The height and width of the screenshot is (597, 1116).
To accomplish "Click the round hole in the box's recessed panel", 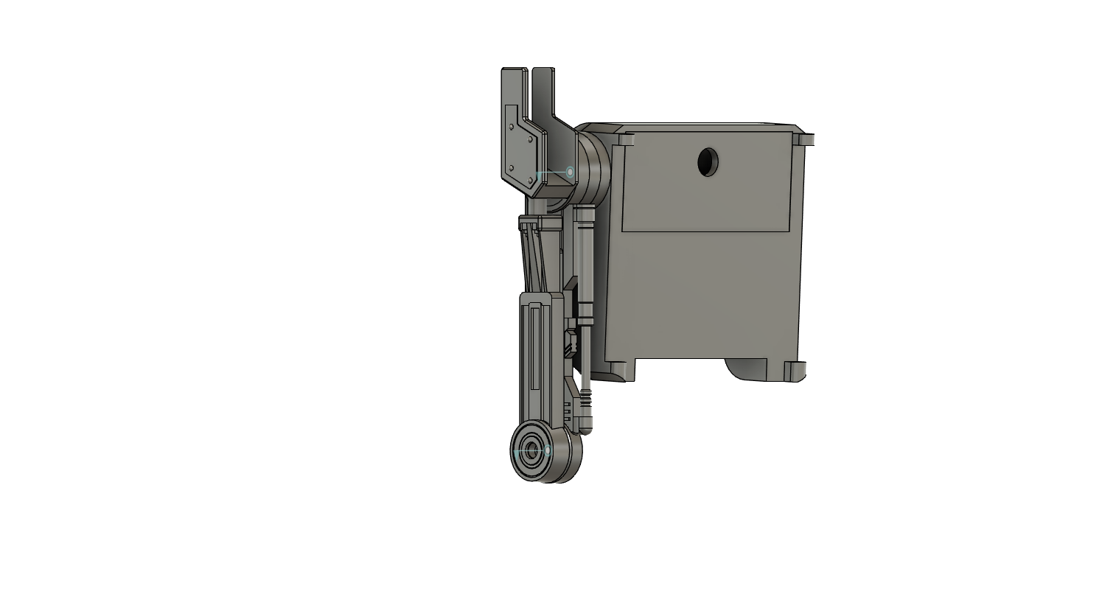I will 708,161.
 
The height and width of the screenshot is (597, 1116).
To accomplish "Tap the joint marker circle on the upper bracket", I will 570,172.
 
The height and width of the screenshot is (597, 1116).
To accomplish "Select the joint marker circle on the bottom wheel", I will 548,450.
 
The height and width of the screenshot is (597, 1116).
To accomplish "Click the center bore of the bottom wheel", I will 531,452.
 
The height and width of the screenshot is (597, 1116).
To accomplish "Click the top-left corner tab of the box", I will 626,139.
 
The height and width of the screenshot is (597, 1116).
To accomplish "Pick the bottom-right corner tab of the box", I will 795,371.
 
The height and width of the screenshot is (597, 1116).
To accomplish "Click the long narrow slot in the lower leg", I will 536,346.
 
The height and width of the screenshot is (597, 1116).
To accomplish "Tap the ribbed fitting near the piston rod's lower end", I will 585,402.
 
